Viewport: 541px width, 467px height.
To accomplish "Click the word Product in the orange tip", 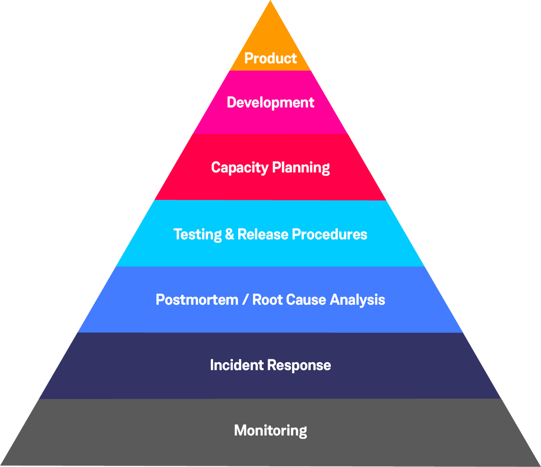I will [270, 58].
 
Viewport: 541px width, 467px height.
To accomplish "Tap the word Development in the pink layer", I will [270, 103].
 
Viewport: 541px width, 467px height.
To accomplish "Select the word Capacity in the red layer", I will [240, 168].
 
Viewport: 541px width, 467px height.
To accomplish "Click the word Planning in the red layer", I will [301, 168].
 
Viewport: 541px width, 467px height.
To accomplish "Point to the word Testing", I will [197, 235].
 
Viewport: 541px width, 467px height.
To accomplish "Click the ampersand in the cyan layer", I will [230, 234].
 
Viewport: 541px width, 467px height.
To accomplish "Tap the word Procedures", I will [329, 235].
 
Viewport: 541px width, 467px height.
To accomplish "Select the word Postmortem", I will [197, 300].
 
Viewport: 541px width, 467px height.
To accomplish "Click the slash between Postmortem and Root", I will [245, 300].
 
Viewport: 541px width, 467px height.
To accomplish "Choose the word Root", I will [267, 300].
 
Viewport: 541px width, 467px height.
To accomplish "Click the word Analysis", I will [358, 300].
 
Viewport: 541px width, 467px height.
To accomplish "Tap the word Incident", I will [237, 365].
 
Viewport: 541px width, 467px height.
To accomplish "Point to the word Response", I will [299, 366].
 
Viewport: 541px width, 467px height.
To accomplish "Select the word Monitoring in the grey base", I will [270, 431].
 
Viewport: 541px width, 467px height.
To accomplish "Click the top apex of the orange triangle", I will [270, 2].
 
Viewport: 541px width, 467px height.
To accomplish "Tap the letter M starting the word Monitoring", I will [240, 430].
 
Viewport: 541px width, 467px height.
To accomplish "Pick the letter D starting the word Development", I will [231, 102].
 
